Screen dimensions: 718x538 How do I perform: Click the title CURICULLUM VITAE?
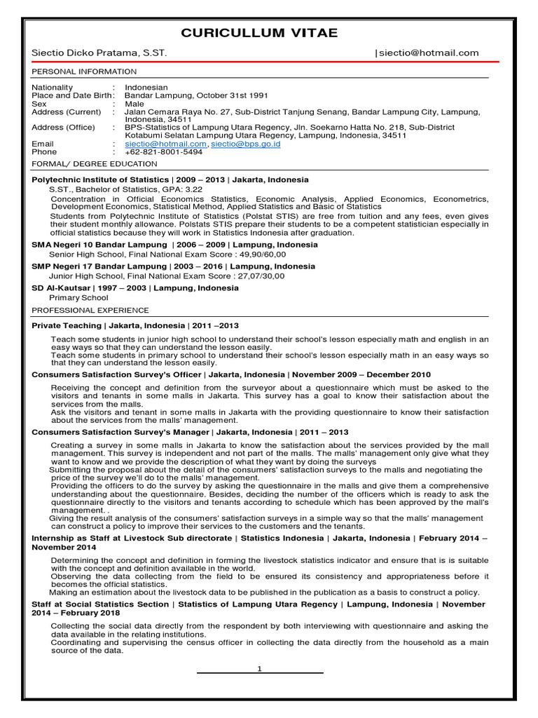click(259, 33)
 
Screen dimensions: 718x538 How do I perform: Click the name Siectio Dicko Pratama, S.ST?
click(99, 53)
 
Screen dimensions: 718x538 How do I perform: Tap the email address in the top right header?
click(429, 53)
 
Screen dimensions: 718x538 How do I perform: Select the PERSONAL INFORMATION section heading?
click(84, 72)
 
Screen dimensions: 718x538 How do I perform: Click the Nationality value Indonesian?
click(146, 88)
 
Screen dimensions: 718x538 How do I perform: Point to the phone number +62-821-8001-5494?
click(163, 151)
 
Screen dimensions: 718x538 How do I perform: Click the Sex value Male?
click(134, 104)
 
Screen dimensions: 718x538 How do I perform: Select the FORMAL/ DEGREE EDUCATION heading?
click(95, 164)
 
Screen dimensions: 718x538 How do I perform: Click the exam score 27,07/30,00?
click(258, 276)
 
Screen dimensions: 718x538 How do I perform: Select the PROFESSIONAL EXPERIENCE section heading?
click(90, 310)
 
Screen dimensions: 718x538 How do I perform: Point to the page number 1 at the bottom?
click(259, 668)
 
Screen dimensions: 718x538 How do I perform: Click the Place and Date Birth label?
click(72, 95)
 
